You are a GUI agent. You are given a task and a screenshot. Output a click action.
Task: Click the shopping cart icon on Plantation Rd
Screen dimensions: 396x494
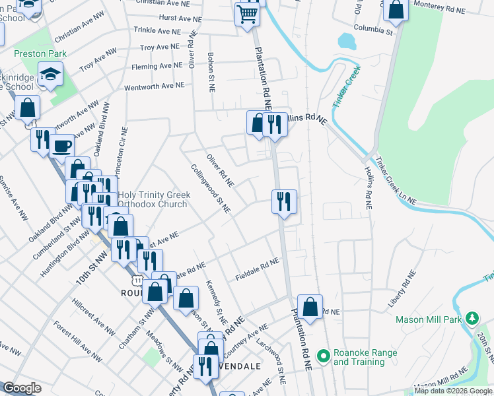(x=247, y=13)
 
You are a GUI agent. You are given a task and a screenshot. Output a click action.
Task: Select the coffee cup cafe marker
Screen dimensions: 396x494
(x=62, y=146)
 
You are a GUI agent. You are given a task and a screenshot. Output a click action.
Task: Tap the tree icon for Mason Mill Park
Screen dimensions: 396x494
(x=472, y=319)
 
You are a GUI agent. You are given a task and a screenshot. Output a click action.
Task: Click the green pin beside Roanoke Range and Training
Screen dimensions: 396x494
(x=323, y=357)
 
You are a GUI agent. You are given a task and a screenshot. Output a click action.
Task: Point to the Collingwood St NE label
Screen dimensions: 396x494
(x=211, y=189)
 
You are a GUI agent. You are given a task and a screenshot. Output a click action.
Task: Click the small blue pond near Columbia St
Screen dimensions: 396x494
(x=347, y=41)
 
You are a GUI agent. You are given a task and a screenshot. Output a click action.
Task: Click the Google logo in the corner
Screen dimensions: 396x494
(x=22, y=388)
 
